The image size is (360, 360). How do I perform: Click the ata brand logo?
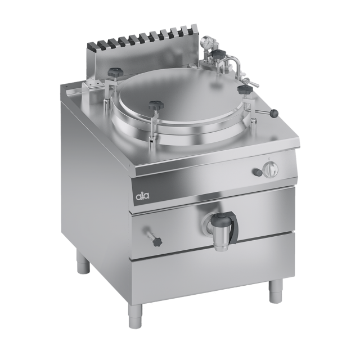(x=142, y=196)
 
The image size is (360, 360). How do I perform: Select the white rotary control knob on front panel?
(x=271, y=170)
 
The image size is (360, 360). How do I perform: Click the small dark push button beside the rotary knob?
(x=256, y=171)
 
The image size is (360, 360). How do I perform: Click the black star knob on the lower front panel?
(x=157, y=241)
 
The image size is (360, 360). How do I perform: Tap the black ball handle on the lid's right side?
(x=274, y=112)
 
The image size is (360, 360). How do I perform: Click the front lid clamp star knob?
(x=156, y=106)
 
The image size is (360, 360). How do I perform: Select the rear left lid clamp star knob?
(x=115, y=73)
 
